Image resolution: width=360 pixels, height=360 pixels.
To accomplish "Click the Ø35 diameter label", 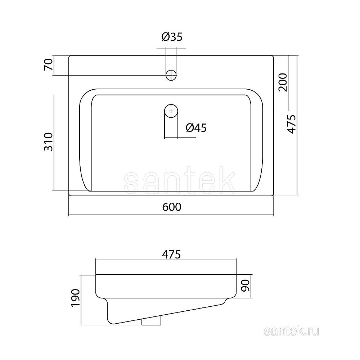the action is click(172, 37).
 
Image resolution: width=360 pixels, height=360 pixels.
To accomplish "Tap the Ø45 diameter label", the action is click(196, 128).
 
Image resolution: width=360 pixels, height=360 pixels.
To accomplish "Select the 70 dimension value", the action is click(49, 64).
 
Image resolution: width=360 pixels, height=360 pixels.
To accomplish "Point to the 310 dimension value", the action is click(49, 141).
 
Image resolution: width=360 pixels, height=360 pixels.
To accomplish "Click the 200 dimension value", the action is click(283, 82).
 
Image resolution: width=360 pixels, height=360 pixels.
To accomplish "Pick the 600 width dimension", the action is click(172, 207).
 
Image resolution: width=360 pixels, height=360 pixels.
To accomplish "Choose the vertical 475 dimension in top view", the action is click(292, 124).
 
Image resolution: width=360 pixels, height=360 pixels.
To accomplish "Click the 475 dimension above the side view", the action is click(171, 255).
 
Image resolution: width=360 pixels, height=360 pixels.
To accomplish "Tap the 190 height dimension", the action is click(75, 298).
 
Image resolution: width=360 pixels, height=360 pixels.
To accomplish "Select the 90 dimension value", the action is click(246, 285).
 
